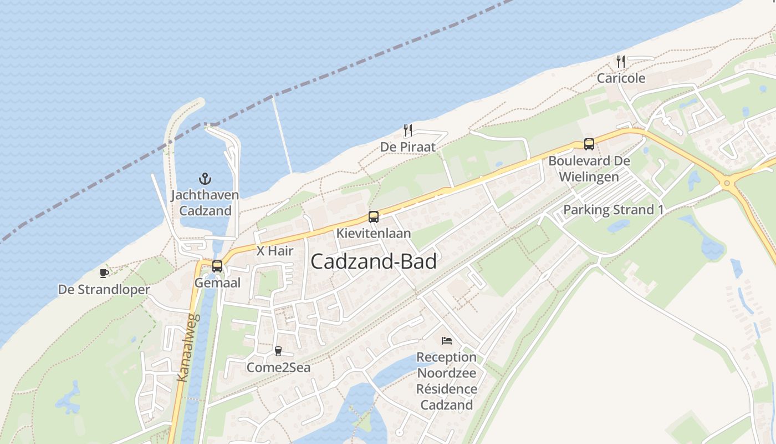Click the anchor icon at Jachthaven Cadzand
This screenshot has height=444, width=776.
pos(205,179)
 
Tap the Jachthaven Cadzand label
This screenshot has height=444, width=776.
pos(205,203)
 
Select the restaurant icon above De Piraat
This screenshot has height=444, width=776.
pos(408,130)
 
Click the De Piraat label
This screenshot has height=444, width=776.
pos(408,147)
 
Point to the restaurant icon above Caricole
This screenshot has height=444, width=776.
pos(621,61)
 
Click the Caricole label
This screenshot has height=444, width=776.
pos(621,78)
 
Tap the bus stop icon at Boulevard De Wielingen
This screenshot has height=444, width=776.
pos(589,144)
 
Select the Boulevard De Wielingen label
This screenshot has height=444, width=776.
pos(589,169)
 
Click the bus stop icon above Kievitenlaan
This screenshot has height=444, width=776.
pos(374,217)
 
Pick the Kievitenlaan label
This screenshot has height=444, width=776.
pos(374,233)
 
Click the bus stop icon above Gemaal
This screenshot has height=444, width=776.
pos(217,266)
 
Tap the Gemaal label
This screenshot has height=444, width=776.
pos(217,283)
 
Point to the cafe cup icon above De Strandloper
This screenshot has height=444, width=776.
pos(104,273)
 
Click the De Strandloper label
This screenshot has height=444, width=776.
pos(104,290)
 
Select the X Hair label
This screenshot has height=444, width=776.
pos(275,251)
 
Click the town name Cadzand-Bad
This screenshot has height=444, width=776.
pos(374,262)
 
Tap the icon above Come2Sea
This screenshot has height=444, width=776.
pos(278,351)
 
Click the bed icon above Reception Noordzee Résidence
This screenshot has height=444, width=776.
pos(447,340)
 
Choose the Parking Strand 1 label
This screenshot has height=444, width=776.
pos(613,210)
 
